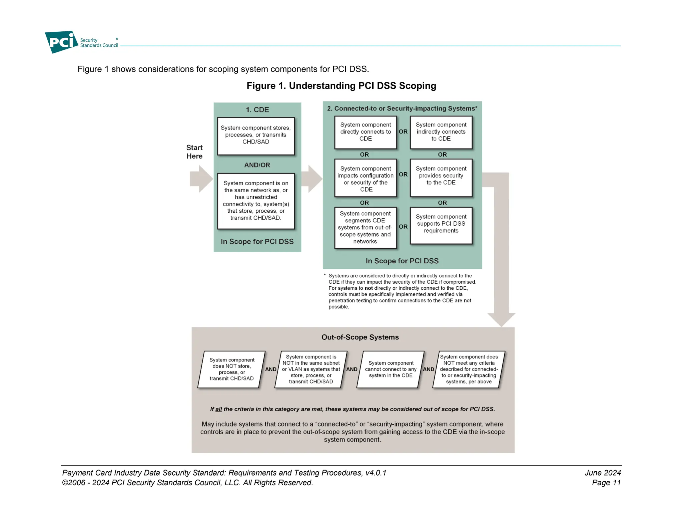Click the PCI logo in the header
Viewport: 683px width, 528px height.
(62, 42)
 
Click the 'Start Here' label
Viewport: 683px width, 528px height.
(194, 152)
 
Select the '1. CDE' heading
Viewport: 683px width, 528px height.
(257, 110)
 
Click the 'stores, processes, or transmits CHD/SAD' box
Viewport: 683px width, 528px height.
(256, 136)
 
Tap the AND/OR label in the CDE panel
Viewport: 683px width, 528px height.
(257, 165)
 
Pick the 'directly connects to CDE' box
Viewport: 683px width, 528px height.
(366, 132)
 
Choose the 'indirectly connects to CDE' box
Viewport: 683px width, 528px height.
(441, 132)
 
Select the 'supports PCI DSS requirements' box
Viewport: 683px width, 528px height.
(441, 225)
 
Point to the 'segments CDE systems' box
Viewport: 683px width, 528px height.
(366, 228)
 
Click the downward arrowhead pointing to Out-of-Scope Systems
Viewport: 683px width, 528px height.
(501, 319)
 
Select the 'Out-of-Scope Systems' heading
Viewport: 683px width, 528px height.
(360, 337)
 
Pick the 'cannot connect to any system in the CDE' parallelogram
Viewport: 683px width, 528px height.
(391, 369)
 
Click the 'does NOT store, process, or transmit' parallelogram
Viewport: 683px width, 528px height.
(231, 369)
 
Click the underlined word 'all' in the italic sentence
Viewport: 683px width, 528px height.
(218, 409)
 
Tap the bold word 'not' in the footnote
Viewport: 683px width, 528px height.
(369, 288)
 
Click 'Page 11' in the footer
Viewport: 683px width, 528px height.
(606, 483)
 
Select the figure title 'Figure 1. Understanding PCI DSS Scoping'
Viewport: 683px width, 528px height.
(341, 86)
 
